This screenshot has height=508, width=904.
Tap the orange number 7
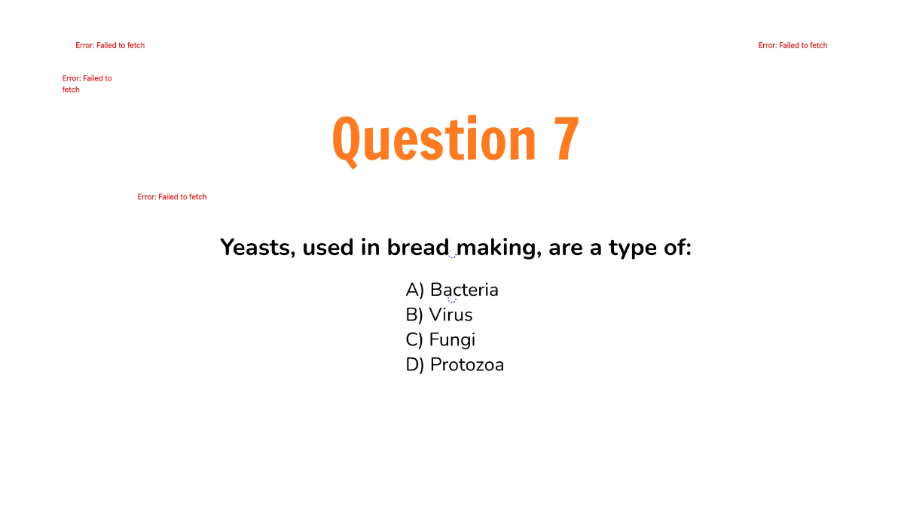click(x=567, y=139)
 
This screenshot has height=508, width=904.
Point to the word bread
click(x=418, y=247)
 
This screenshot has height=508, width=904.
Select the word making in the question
click(x=498, y=248)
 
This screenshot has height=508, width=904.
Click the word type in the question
click(x=632, y=248)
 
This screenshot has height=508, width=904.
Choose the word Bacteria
click(x=464, y=290)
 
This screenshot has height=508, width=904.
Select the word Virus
click(x=450, y=315)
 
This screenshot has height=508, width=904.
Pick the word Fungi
click(x=452, y=340)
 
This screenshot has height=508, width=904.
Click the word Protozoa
click(x=466, y=365)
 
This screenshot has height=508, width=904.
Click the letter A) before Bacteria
click(x=415, y=290)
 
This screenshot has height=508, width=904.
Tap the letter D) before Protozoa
click(x=415, y=365)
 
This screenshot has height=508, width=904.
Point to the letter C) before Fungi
click(x=414, y=340)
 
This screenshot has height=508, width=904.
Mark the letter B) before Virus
click(x=414, y=315)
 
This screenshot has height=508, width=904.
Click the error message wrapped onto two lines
click(x=87, y=84)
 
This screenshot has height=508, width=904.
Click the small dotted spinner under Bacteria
click(x=452, y=300)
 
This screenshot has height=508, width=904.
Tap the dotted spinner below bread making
click(x=453, y=255)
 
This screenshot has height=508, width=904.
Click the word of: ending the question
click(x=676, y=247)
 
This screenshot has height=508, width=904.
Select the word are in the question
click(x=566, y=248)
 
